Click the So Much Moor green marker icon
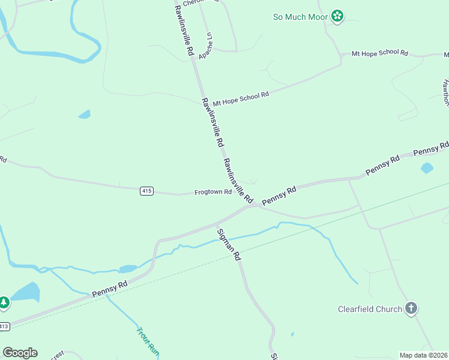(x=338, y=16)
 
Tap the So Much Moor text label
(x=301, y=17)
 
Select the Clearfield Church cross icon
(x=411, y=309)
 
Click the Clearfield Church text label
(x=369, y=310)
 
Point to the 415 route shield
(x=146, y=191)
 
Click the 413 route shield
(x=4, y=326)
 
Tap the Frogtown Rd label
(x=213, y=192)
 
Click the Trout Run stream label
(x=147, y=341)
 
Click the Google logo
(x=20, y=353)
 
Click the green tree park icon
(x=4, y=302)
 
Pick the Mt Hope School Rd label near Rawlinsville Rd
(x=241, y=98)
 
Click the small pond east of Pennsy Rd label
(x=427, y=168)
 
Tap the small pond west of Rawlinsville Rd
(x=85, y=114)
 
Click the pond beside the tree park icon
(x=25, y=293)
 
